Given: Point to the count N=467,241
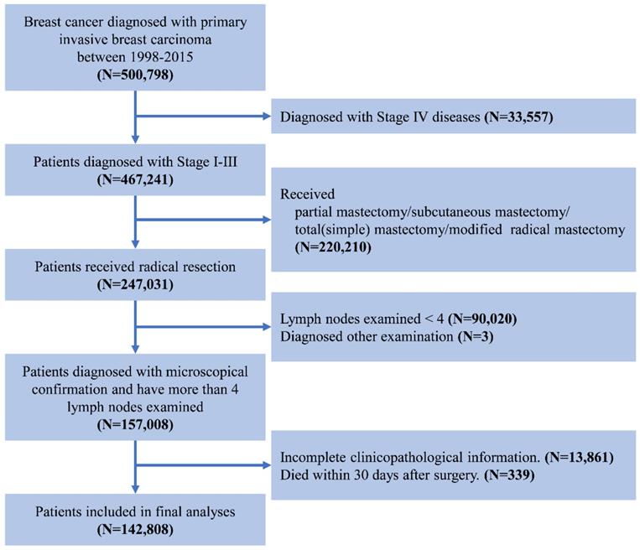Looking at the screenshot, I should pyautogui.click(x=134, y=178).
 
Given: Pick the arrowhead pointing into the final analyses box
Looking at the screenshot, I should pyautogui.click(x=134, y=488).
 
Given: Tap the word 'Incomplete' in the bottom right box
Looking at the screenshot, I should pyautogui.click(x=320, y=459).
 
